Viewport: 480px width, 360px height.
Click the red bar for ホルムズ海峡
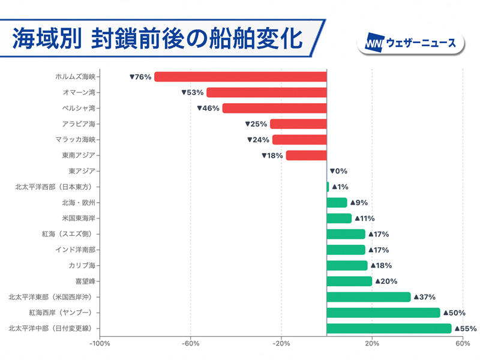coord(240,77)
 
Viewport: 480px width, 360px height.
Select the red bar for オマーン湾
coord(266,92)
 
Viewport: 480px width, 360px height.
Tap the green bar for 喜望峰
coord(349,281)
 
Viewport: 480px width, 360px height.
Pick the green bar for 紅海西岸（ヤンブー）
coord(383,313)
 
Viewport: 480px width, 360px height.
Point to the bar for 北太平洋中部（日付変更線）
coord(389,328)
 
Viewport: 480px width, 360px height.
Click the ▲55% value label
coord(465,328)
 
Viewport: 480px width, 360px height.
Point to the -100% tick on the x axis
coord(100,344)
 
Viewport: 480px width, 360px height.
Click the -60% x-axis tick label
coord(190,344)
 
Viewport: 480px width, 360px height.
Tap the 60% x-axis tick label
coord(463,344)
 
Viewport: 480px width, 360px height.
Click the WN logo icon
coord(375,43)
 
